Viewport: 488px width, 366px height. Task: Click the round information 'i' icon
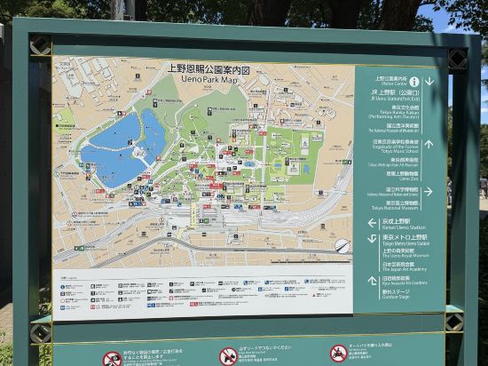click(x=413, y=81)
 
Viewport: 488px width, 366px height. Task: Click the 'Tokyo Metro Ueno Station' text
click(x=400, y=241)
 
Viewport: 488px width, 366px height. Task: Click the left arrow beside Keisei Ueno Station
click(x=373, y=223)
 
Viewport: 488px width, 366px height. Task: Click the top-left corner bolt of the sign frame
click(x=40, y=45)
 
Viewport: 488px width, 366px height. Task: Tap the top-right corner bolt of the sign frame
click(x=457, y=58)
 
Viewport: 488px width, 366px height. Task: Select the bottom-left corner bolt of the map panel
click(x=40, y=332)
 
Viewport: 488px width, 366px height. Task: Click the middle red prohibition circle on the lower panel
click(x=228, y=355)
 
